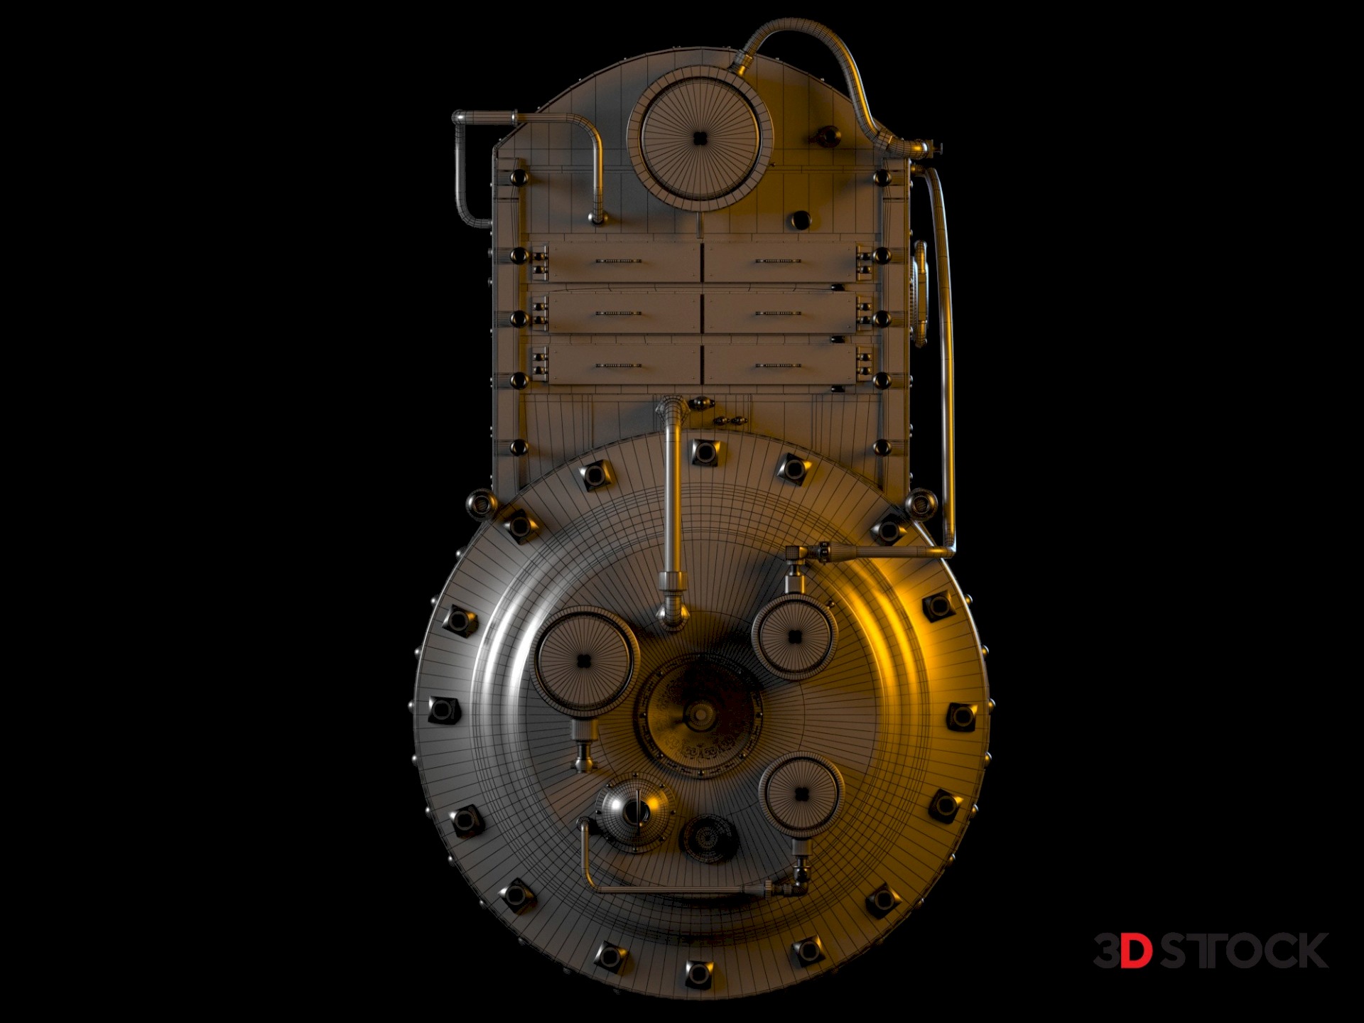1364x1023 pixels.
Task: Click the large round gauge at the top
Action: [700, 139]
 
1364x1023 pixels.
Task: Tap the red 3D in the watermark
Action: [1122, 951]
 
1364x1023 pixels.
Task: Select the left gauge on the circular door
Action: [584, 661]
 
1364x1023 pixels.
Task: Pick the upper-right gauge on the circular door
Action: [795, 636]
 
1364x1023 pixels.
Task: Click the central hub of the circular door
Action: [700, 714]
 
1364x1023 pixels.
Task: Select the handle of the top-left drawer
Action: [618, 261]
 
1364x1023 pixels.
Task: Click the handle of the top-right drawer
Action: [778, 261]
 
